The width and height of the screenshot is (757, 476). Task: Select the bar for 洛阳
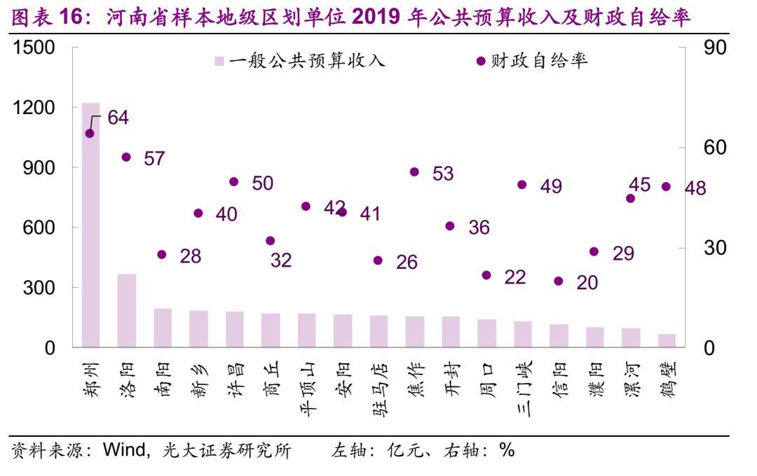(x=127, y=310)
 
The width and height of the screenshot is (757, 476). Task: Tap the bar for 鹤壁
(x=667, y=340)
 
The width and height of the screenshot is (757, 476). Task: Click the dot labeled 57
(x=127, y=157)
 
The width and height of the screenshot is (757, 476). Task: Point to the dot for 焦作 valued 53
(x=414, y=172)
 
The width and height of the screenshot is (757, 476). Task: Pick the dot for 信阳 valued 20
(x=559, y=281)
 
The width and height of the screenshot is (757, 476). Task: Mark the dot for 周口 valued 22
(x=486, y=276)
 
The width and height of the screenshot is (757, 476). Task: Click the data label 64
(x=118, y=118)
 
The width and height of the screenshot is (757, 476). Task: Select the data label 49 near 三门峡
(x=551, y=186)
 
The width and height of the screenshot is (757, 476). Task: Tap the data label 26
(x=406, y=262)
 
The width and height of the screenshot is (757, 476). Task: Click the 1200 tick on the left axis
(x=33, y=108)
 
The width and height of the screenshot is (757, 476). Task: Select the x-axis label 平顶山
(x=307, y=388)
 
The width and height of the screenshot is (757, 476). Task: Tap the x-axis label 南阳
(x=163, y=381)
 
